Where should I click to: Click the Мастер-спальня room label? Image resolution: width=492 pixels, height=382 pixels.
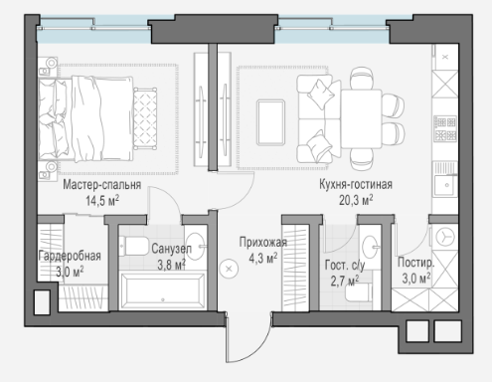102,185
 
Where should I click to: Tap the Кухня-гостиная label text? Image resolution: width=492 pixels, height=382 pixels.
356,184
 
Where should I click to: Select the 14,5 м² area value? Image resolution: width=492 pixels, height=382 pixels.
102,201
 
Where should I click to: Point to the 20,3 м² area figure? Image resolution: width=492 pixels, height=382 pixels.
356,200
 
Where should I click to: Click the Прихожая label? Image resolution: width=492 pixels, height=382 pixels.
263,243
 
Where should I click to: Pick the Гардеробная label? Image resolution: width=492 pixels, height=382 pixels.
70,257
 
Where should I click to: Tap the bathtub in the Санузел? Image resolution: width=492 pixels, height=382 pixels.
162,290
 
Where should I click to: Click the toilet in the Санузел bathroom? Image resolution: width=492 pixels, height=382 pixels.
134,246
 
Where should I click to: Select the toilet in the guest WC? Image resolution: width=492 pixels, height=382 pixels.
357,292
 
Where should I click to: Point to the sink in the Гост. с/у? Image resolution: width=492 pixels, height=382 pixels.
371,247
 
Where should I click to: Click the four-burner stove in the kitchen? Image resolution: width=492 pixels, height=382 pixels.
445,128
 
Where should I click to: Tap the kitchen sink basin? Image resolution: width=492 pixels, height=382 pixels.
446,185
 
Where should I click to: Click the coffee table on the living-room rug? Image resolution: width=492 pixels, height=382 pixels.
270,122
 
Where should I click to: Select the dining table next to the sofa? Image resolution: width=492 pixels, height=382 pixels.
362,118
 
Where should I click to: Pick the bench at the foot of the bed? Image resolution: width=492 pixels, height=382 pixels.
145,118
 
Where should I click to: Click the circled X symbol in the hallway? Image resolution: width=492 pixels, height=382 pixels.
229,269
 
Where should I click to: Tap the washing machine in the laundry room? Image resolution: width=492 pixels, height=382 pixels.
444,237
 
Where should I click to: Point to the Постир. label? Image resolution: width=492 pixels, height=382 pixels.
416,263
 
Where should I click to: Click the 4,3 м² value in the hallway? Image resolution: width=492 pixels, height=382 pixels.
263,258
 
